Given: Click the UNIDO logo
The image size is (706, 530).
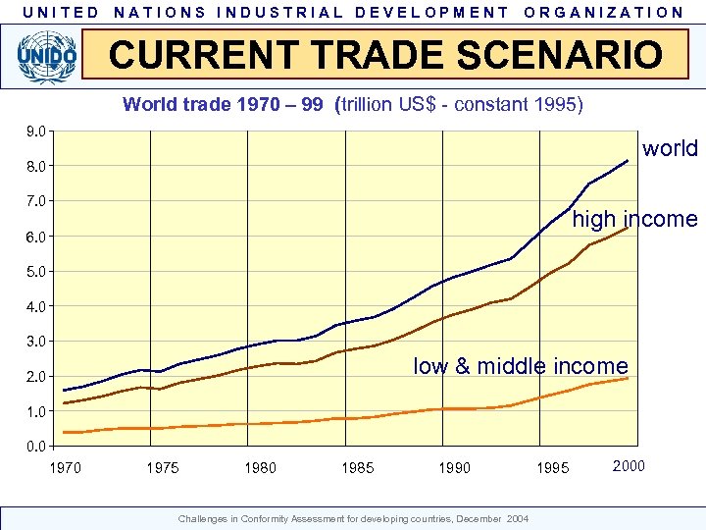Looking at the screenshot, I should click(x=45, y=56).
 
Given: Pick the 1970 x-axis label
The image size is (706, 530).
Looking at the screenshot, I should click(x=66, y=468).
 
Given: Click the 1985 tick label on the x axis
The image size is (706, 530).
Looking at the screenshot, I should click(x=358, y=468).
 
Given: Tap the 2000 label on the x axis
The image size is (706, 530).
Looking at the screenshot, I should click(x=629, y=465).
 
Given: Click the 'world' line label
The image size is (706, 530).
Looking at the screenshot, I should click(x=670, y=149).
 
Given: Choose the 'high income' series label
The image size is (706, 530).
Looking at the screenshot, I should click(x=634, y=219).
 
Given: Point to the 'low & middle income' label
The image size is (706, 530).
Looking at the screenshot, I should click(x=520, y=366).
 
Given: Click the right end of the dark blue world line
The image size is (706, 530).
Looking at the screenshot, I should click(x=628, y=160).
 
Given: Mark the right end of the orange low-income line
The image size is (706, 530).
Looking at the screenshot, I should click(x=628, y=378).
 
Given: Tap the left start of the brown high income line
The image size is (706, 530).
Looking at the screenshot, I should click(x=65, y=402).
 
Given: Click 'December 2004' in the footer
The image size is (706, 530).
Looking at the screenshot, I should click(x=503, y=518).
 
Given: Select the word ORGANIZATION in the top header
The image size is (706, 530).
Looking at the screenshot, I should click(x=604, y=13).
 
